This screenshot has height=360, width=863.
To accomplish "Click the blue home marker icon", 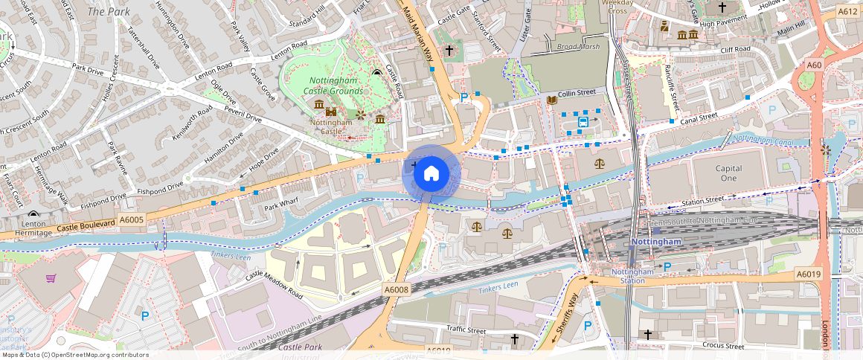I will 431,174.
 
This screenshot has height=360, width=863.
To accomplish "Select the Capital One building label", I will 728,173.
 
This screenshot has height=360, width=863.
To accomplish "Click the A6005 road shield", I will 132,219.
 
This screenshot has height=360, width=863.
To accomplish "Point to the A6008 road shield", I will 397,289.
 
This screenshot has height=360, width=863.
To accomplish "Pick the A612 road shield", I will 847,12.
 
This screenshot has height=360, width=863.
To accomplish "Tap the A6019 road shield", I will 808,274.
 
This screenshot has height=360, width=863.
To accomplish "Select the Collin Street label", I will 577,93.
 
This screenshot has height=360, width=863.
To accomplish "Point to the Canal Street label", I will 697,118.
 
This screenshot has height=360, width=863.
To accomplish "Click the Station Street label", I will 703,200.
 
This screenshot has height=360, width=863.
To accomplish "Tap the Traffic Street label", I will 466,329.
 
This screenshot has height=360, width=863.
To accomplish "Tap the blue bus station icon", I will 583,121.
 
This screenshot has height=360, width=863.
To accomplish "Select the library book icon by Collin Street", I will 551,100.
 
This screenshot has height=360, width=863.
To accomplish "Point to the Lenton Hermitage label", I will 33,228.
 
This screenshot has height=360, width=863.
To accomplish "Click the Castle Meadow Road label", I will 275,286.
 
